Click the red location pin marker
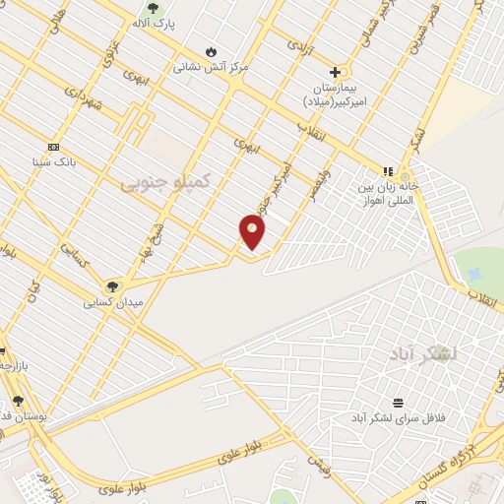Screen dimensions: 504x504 point(252,231)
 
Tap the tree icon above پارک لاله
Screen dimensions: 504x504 point(152,8)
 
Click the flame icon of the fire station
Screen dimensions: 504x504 point(211,51)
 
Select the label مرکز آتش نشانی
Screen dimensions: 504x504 point(211,67)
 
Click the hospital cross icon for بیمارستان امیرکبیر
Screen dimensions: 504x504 point(335,72)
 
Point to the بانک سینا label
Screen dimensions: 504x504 point(53,161)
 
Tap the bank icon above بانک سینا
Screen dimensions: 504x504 point(53,147)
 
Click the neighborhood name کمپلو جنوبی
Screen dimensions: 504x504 point(165,181)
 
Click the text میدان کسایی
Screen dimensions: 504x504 point(113,302)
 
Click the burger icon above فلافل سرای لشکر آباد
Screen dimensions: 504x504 point(398,403)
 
